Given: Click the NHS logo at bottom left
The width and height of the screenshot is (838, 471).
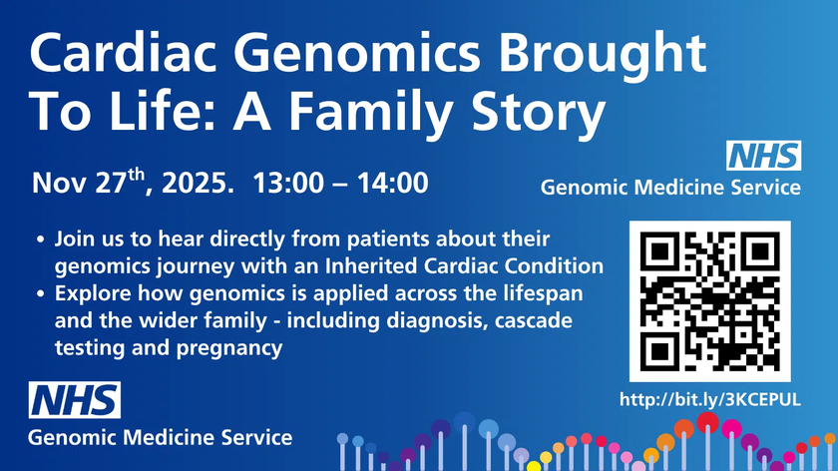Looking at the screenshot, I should [x=75, y=400].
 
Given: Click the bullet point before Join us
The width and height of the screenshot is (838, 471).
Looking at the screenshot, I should [x=39, y=241].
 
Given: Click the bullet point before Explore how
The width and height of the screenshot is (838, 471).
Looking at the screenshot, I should [x=39, y=296].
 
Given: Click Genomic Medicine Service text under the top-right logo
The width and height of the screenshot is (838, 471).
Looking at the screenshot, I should [x=670, y=187].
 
